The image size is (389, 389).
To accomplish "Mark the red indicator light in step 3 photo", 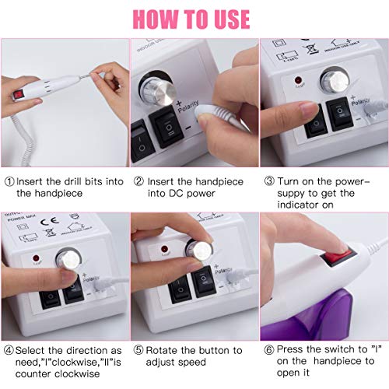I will [x=299, y=80].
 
